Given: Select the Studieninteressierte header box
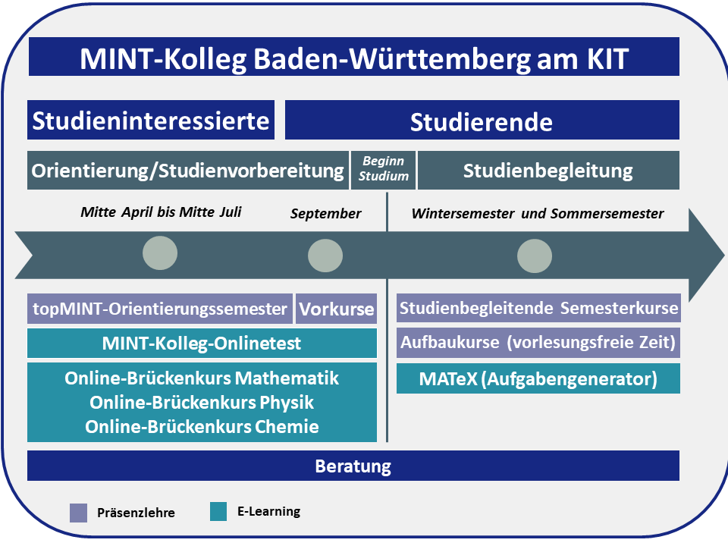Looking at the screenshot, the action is (x=151, y=120).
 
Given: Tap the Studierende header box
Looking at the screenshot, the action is (x=482, y=120).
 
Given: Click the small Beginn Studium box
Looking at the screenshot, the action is (x=383, y=170).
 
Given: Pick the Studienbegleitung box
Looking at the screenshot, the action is (x=548, y=170).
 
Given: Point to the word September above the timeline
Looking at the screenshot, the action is (x=325, y=214).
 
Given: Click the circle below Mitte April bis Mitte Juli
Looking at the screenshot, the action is (x=160, y=253).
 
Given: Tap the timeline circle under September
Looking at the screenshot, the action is (x=325, y=256).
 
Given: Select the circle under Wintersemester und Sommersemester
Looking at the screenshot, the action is (x=535, y=256).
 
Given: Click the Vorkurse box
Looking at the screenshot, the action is (x=336, y=309).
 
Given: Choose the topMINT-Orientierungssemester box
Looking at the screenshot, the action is (x=160, y=309).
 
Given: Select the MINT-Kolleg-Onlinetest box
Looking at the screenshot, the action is (x=202, y=344).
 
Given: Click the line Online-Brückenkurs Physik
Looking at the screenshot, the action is (x=202, y=403).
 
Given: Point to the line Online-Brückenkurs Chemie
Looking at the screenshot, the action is (x=202, y=427).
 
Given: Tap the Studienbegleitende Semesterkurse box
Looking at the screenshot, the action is (x=538, y=308).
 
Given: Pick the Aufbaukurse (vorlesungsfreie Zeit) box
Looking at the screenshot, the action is (x=538, y=343).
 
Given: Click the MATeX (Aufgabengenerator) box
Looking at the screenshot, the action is (x=538, y=379).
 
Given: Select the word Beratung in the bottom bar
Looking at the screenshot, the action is (x=353, y=466).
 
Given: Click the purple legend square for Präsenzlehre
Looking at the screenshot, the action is (x=78, y=513).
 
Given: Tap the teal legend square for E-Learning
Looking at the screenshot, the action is (x=218, y=511).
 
